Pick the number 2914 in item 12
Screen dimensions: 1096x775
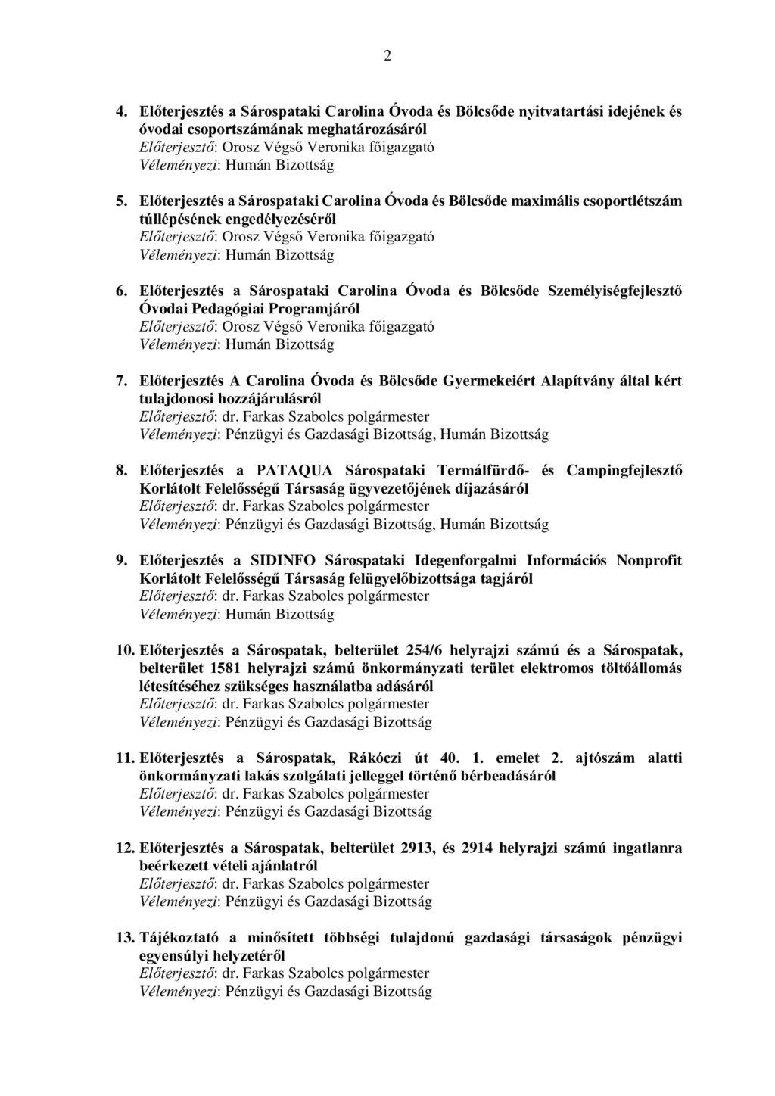(477, 848)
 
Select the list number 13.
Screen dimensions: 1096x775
(125, 939)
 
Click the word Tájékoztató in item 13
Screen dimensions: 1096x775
(179, 939)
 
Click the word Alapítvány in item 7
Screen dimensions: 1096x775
(578, 381)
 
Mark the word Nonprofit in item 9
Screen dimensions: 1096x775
(649, 561)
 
